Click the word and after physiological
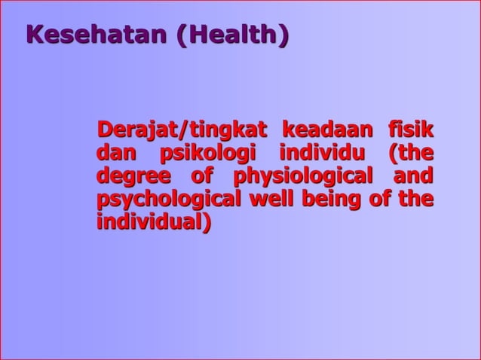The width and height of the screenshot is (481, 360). coord(415,176)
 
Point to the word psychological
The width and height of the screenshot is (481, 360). coord(169,200)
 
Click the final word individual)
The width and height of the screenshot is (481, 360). coord(155,224)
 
